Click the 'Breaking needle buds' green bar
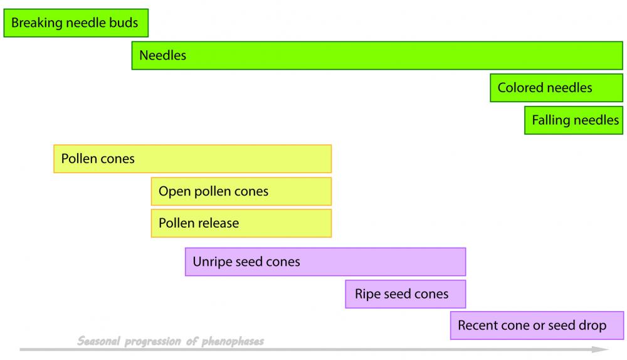[76, 23]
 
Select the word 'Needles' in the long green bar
[163, 55]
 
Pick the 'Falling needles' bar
[574, 120]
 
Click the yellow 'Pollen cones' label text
[98, 159]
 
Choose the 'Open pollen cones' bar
[241, 191]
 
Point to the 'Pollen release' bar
[241, 223]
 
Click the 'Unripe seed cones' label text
[246, 262]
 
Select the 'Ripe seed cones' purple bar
[406, 294]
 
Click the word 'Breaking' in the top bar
[34, 24]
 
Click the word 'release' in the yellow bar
[218, 223]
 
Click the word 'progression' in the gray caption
[154, 342]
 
